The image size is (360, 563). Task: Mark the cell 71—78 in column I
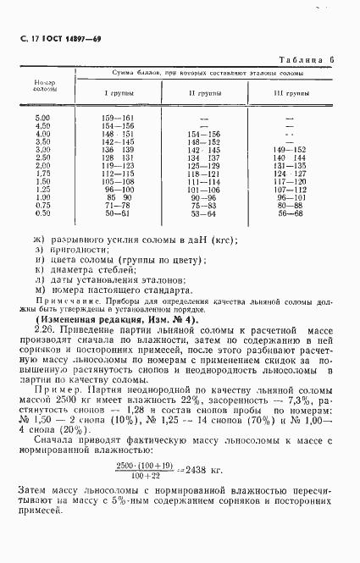[118, 205]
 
